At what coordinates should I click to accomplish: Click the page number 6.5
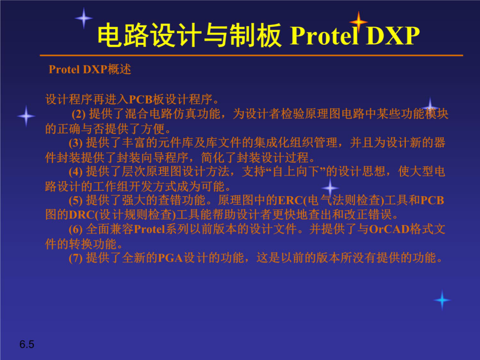click(27, 345)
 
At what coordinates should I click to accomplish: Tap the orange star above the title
click(358, 21)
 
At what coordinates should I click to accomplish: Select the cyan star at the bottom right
click(442, 300)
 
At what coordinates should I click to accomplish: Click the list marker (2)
click(79, 114)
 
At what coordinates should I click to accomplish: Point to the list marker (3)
click(76, 143)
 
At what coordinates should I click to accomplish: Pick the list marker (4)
click(76, 172)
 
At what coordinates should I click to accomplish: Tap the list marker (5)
click(76, 201)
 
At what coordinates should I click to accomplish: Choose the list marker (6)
click(76, 229)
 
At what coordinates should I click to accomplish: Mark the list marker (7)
click(76, 258)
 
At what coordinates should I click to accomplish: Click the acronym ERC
click(290, 201)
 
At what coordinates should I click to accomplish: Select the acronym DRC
click(82, 215)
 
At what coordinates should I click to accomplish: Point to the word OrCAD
click(389, 229)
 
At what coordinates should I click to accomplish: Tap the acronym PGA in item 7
click(170, 258)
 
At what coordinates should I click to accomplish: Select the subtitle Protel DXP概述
click(90, 69)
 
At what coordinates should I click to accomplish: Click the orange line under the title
click(251, 55)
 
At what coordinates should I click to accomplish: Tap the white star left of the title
click(84, 18)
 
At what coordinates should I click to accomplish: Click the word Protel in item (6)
click(149, 229)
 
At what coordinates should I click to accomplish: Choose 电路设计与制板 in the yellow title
click(189, 36)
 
